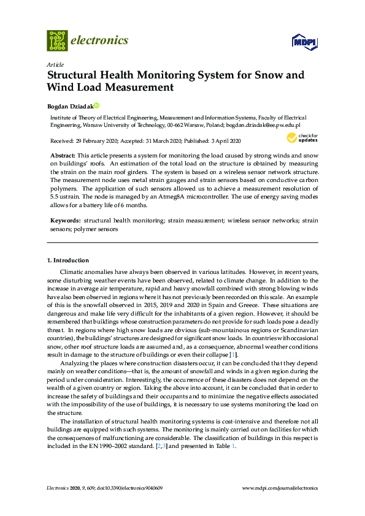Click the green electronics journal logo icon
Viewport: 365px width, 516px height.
(57, 40)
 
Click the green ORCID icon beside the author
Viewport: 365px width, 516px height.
(96, 105)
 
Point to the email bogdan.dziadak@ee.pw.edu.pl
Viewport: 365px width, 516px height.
(263, 124)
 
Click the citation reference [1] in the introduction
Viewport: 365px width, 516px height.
(232, 355)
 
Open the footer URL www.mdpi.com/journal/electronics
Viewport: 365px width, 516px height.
(280, 488)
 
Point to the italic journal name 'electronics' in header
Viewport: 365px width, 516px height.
(99, 40)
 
